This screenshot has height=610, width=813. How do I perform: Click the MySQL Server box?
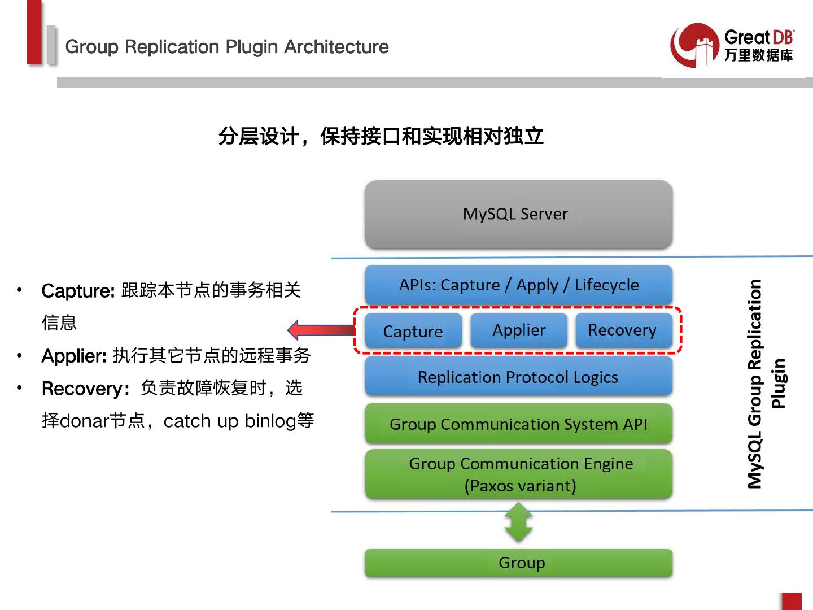[x=518, y=214]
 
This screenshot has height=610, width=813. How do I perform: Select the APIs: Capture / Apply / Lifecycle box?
[x=518, y=285]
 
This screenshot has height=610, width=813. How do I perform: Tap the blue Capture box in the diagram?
[x=413, y=331]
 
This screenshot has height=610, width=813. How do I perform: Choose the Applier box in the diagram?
[x=519, y=330]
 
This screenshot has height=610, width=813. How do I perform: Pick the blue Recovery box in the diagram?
[x=624, y=330]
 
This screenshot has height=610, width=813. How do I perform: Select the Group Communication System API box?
[x=518, y=424]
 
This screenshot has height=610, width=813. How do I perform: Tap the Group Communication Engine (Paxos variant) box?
[x=518, y=474]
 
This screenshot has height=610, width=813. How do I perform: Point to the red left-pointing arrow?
[x=321, y=330]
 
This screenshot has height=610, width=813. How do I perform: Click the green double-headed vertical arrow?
[x=518, y=522]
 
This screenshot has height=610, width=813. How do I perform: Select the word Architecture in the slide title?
[x=336, y=47]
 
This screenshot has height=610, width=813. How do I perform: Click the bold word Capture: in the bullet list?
[x=78, y=291]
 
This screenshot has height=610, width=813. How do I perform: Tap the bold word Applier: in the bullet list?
[x=74, y=356]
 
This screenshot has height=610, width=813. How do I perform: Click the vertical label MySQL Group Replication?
[x=755, y=384]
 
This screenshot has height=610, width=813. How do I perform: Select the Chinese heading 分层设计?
[x=259, y=136]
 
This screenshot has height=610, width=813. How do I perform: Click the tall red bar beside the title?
[x=34, y=33]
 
